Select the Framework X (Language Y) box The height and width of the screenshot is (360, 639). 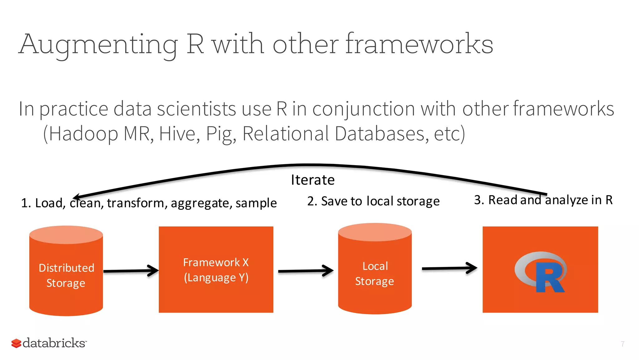click(216, 269)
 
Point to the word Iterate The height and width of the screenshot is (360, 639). click(313, 180)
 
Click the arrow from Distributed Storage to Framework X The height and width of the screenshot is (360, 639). click(131, 271)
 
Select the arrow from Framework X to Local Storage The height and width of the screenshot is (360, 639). click(306, 271)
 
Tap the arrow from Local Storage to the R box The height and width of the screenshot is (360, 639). click(449, 268)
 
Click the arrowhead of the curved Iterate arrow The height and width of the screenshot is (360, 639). click(77, 197)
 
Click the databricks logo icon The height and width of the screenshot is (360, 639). click(16, 343)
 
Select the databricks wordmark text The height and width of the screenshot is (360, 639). click(54, 343)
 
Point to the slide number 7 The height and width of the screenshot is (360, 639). click(622, 344)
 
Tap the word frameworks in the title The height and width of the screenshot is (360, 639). click(419, 44)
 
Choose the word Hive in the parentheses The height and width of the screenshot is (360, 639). click(179, 134)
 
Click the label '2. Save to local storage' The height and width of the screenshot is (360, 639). click(373, 201)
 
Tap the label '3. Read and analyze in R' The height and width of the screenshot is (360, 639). click(543, 200)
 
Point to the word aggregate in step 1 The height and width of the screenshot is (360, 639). click(200, 203)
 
